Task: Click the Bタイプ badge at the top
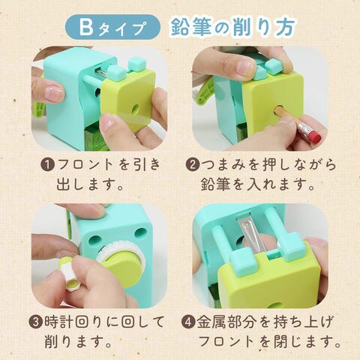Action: point(112,27)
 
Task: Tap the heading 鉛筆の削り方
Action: point(232,27)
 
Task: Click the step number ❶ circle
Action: point(48,166)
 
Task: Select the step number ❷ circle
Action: point(193,165)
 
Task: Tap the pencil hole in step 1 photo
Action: point(135,109)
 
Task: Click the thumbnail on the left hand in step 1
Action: point(54,94)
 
